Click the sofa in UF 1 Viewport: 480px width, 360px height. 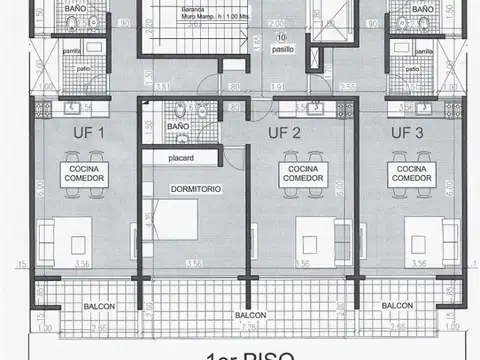click(48, 236)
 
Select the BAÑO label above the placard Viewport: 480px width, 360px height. click(178, 128)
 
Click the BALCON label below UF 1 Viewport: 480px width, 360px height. click(98, 306)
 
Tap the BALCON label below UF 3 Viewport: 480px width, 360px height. click(398, 306)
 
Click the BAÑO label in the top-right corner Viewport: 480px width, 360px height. click(423, 8)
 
